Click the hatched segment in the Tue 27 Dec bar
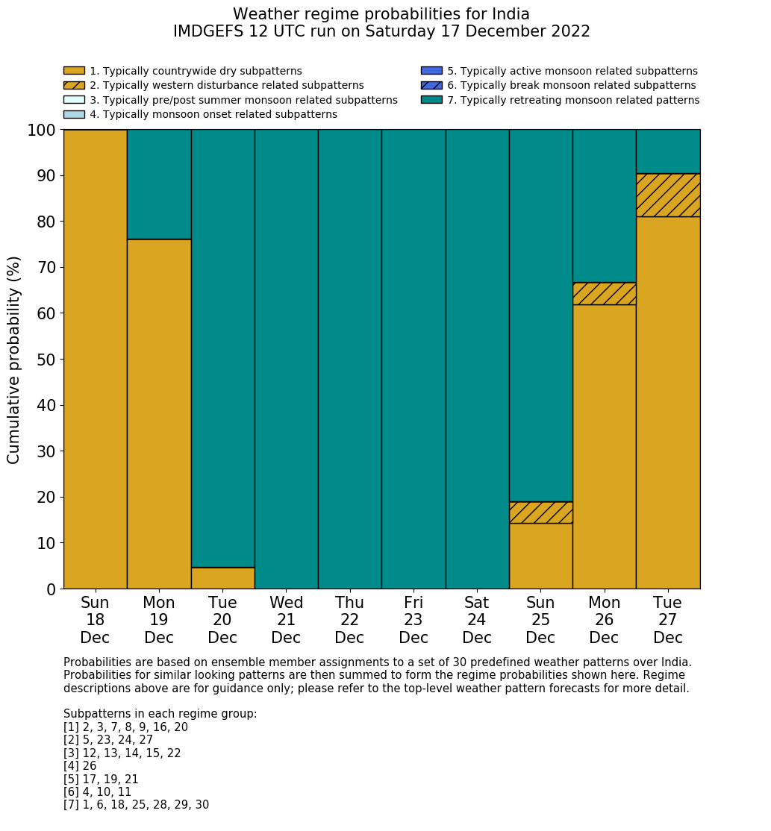pos(668,195)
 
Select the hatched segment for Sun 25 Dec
pos(540,512)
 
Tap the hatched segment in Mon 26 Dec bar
pos(604,293)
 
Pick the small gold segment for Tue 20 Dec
pos(222,578)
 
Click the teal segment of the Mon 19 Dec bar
pos(159,184)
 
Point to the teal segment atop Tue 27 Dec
pos(668,151)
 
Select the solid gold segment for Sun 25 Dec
pos(540,556)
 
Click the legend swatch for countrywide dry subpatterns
pos(74,71)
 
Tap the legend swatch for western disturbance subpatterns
pos(74,85)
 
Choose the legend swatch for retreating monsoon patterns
pos(431,100)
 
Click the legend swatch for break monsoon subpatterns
pos(431,85)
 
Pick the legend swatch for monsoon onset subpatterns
pos(74,114)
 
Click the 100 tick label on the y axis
pos(41,131)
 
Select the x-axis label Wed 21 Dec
pos(287,620)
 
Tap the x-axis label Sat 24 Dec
pos(477,620)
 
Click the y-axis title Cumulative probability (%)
pos(14,360)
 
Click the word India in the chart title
pos(511,14)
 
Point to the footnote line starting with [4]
pos(80,766)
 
